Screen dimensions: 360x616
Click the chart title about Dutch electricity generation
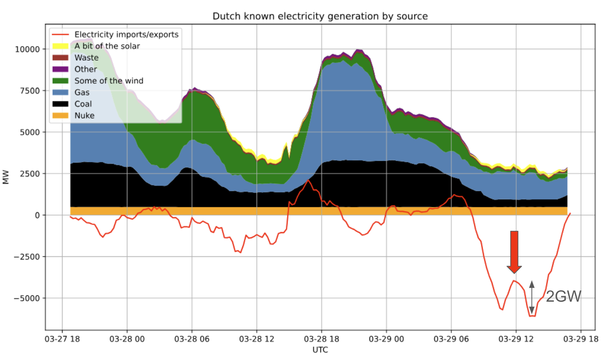pyautogui.click(x=320, y=16)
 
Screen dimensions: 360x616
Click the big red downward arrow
pyautogui.click(x=514, y=251)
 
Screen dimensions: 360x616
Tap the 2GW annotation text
pyautogui.click(x=563, y=296)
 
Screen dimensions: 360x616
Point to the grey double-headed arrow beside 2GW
pyautogui.click(x=532, y=297)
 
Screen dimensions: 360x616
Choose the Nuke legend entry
pyautogui.click(x=84, y=115)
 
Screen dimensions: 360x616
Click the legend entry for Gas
pyautogui.click(x=82, y=92)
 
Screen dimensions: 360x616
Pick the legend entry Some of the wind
pyautogui.click(x=109, y=81)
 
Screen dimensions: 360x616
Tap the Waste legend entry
pyautogui.click(x=86, y=57)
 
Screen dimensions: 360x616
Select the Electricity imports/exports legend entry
pyautogui.click(x=126, y=34)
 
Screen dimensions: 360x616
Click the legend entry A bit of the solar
pyautogui.click(x=107, y=46)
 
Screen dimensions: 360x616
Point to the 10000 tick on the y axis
pyautogui.click(x=27, y=49)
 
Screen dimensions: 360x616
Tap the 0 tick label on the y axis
pyautogui.click(x=37, y=215)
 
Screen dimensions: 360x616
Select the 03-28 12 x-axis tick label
pyautogui.click(x=257, y=339)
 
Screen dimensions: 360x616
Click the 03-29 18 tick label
pyautogui.click(x=581, y=339)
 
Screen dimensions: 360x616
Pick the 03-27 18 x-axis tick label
pyautogui.click(x=62, y=339)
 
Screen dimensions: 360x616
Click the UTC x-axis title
pyautogui.click(x=320, y=350)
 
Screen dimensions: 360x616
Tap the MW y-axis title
pyautogui.click(x=6, y=177)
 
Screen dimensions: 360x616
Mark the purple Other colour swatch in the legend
pyautogui.click(x=60, y=69)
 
